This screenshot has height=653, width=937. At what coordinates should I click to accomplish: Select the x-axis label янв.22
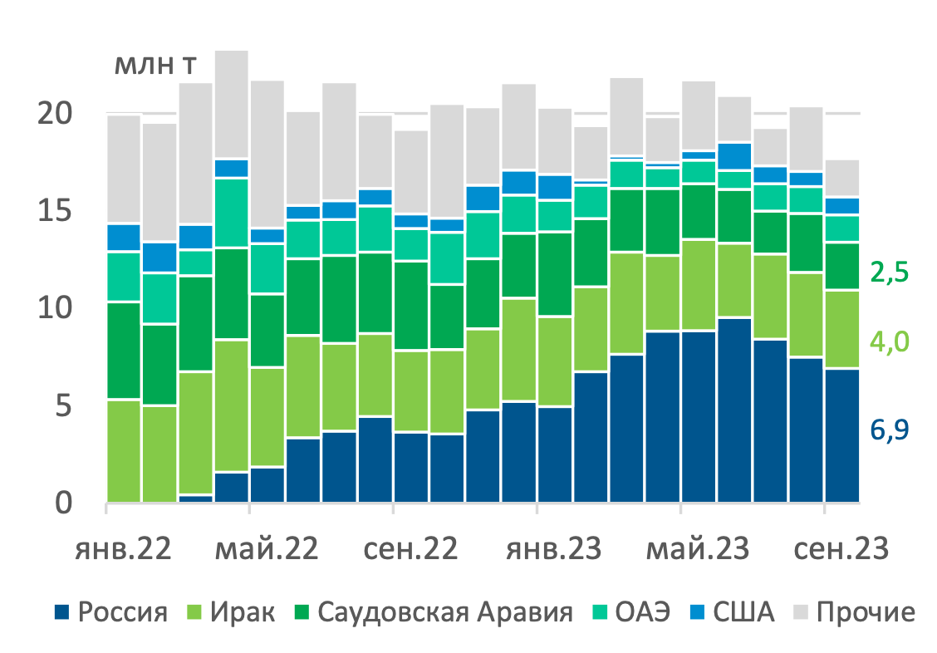[x=125, y=549]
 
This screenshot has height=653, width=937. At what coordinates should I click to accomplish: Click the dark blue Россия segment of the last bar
[x=841, y=436]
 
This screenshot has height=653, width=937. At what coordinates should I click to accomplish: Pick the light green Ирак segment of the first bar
[x=124, y=451]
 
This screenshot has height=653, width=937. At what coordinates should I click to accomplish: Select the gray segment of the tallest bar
[x=232, y=104]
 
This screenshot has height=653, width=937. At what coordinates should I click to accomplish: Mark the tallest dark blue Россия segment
[x=734, y=410]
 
